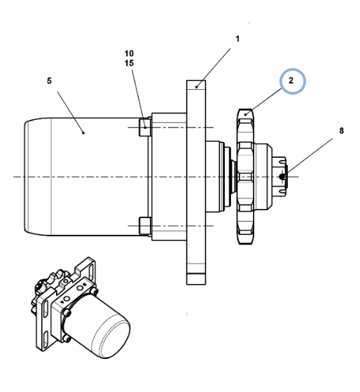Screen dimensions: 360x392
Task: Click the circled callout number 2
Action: (291, 81)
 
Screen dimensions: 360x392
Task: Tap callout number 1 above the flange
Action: (237, 39)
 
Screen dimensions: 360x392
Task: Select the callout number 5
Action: (49, 81)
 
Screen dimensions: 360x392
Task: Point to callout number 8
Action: (341, 130)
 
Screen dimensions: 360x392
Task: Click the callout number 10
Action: (129, 53)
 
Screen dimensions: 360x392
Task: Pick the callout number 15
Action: (129, 63)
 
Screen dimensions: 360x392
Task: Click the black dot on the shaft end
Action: (282, 177)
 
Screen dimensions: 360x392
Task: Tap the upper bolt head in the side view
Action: (145, 128)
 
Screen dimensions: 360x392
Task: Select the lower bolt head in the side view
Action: (145, 226)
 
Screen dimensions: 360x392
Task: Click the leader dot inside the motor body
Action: (83, 133)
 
